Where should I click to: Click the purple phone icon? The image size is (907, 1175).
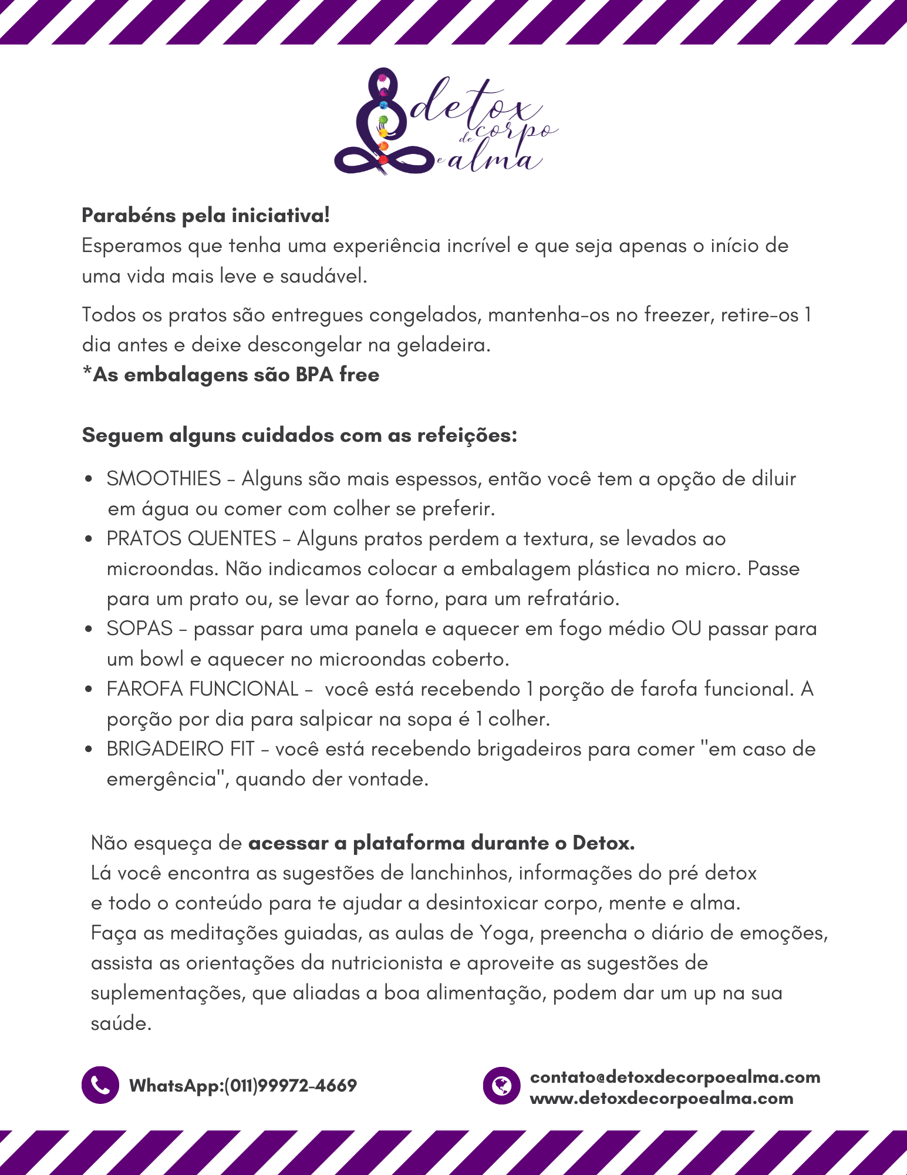[x=100, y=1085]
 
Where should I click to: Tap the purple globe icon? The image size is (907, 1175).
[x=501, y=1085]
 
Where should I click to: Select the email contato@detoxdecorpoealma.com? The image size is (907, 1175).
[x=675, y=1077]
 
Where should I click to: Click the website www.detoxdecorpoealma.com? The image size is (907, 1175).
[x=661, y=1098]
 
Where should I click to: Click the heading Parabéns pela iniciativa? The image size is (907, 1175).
[x=205, y=216]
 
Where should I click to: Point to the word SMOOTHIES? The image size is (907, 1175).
[x=164, y=479]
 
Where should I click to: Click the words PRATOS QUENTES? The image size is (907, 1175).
[x=191, y=539]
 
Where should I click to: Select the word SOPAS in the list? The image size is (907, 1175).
[x=140, y=629]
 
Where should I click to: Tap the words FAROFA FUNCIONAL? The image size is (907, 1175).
[x=203, y=689]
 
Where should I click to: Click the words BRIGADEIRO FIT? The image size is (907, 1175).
[x=181, y=749]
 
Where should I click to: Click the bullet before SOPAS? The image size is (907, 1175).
[x=88, y=629]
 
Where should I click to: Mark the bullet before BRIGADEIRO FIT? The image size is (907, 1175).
[x=88, y=750]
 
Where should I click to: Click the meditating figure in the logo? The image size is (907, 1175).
[x=382, y=123]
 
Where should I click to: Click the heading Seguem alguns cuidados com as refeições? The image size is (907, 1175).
[x=299, y=435]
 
